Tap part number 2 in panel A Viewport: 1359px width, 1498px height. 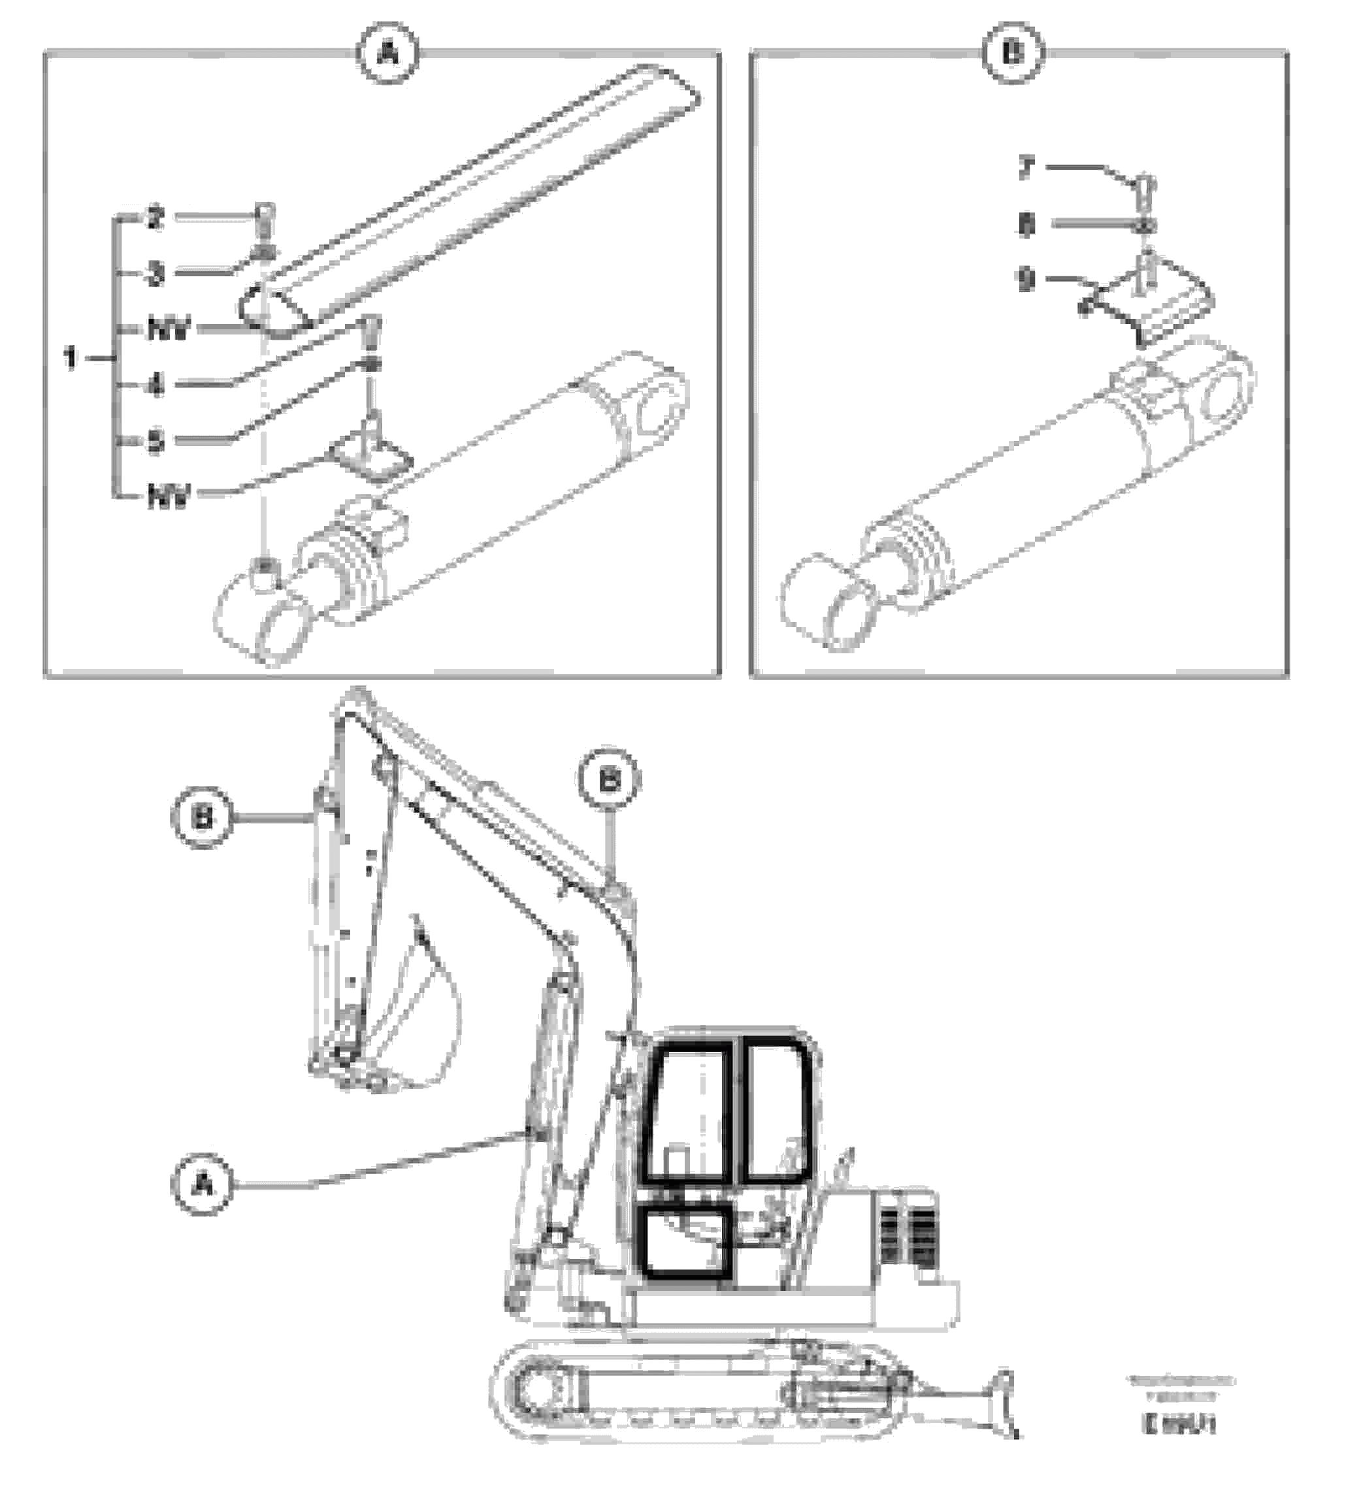(155, 218)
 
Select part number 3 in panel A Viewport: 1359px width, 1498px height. (155, 274)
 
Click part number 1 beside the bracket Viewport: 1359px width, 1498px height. (71, 358)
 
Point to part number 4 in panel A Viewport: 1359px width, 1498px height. (155, 385)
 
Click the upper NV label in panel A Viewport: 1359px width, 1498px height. (169, 329)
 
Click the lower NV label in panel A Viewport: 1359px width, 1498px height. (169, 496)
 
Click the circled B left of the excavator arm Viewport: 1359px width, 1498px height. (203, 818)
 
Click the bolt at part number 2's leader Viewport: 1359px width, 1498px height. (264, 217)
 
